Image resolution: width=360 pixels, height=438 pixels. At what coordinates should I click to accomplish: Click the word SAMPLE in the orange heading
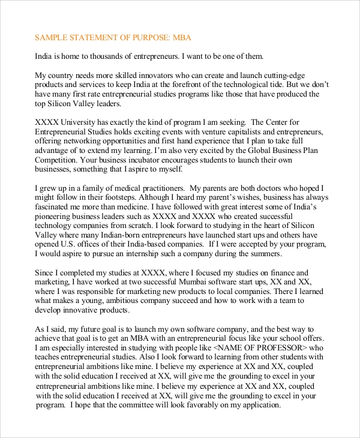tap(51, 38)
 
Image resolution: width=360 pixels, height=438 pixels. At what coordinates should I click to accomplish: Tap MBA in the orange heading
tap(181, 38)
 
